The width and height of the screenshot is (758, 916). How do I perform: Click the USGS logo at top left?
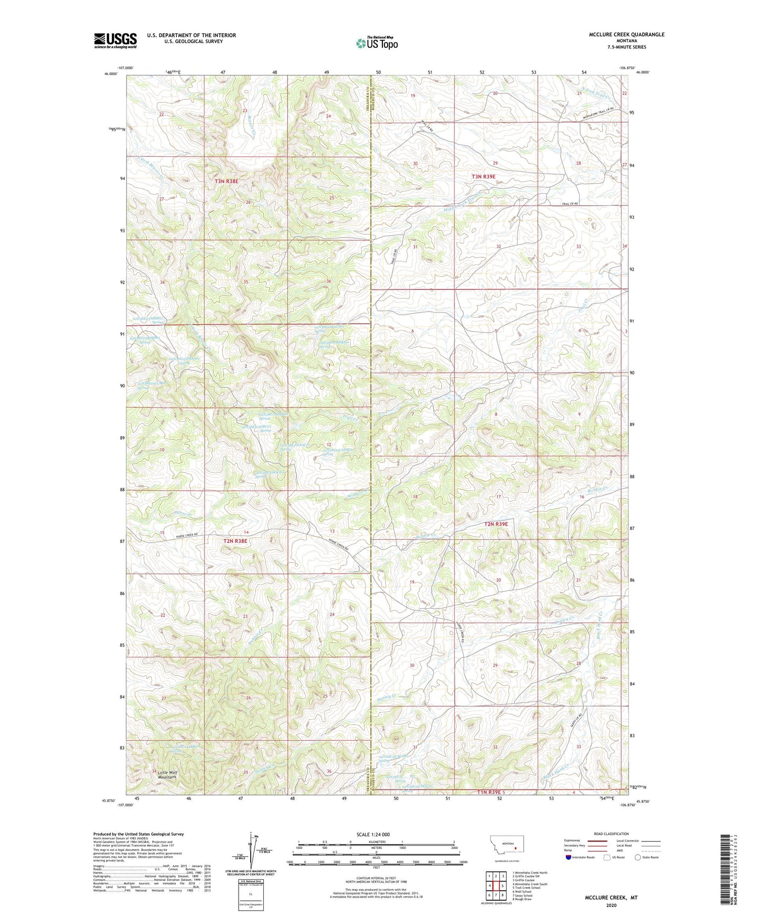(x=115, y=40)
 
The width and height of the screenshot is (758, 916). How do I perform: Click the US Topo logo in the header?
(x=377, y=43)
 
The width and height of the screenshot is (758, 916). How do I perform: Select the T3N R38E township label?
(x=226, y=182)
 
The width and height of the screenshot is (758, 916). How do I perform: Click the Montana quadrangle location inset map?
(x=506, y=846)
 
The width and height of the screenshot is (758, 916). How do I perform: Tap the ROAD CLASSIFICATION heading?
(x=611, y=834)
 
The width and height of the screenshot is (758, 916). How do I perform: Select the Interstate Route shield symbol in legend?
(x=569, y=857)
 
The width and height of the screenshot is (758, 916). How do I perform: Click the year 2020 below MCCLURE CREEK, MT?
(x=611, y=905)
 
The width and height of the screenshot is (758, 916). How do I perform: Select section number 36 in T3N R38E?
(x=329, y=282)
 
